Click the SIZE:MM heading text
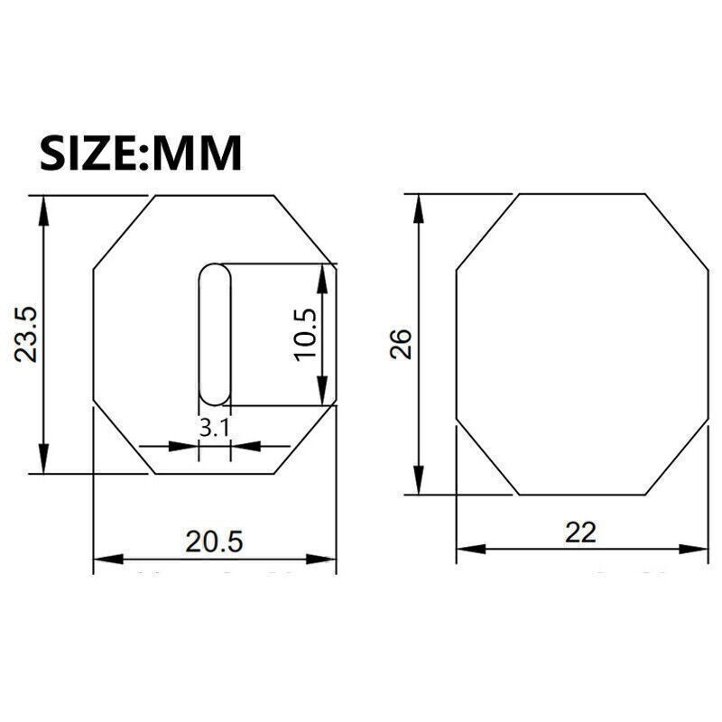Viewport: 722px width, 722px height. click(x=141, y=153)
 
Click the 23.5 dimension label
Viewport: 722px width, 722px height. click(x=25, y=334)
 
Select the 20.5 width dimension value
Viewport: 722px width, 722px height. click(x=214, y=541)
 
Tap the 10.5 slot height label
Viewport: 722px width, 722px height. click(x=305, y=335)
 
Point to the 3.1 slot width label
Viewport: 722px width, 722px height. click(x=214, y=429)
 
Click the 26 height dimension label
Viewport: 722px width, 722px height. click(x=401, y=344)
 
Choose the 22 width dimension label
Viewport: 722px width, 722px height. click(x=580, y=532)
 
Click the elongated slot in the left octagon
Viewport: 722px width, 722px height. click(x=215, y=334)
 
